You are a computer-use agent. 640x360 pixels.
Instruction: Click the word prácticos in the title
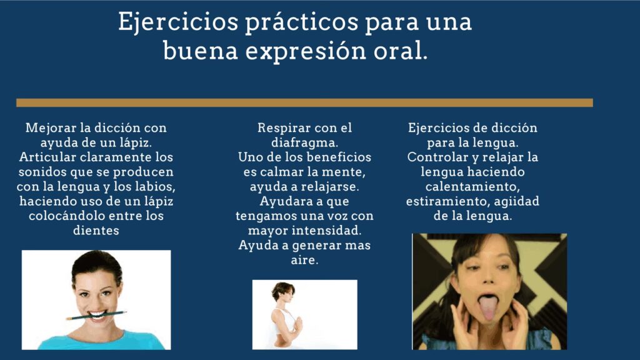pyautogui.click(x=301, y=22)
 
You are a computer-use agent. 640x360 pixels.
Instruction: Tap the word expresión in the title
pyautogui.click(x=306, y=52)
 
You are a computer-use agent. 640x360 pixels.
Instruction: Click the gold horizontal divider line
pyautogui.click(x=304, y=103)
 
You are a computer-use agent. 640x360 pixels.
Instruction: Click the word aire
pyautogui.click(x=304, y=260)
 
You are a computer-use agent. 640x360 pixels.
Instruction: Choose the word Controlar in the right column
pyautogui.click(x=435, y=157)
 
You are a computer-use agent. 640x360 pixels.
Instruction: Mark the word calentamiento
pyautogui.click(x=472, y=187)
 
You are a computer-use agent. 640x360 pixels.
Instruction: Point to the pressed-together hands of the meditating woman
pyautogui.click(x=298, y=324)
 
